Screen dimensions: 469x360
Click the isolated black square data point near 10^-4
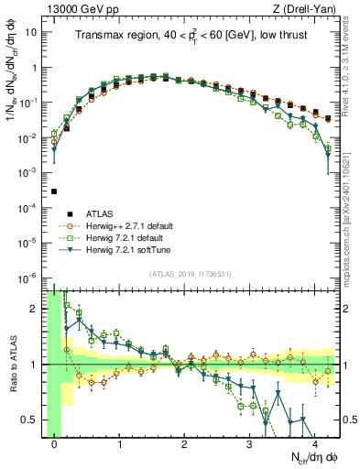pos(55,191)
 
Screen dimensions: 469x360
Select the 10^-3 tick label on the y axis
pos(27,172)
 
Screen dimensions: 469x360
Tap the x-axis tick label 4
pos(315,444)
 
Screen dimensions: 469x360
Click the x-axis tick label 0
pos(55,444)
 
